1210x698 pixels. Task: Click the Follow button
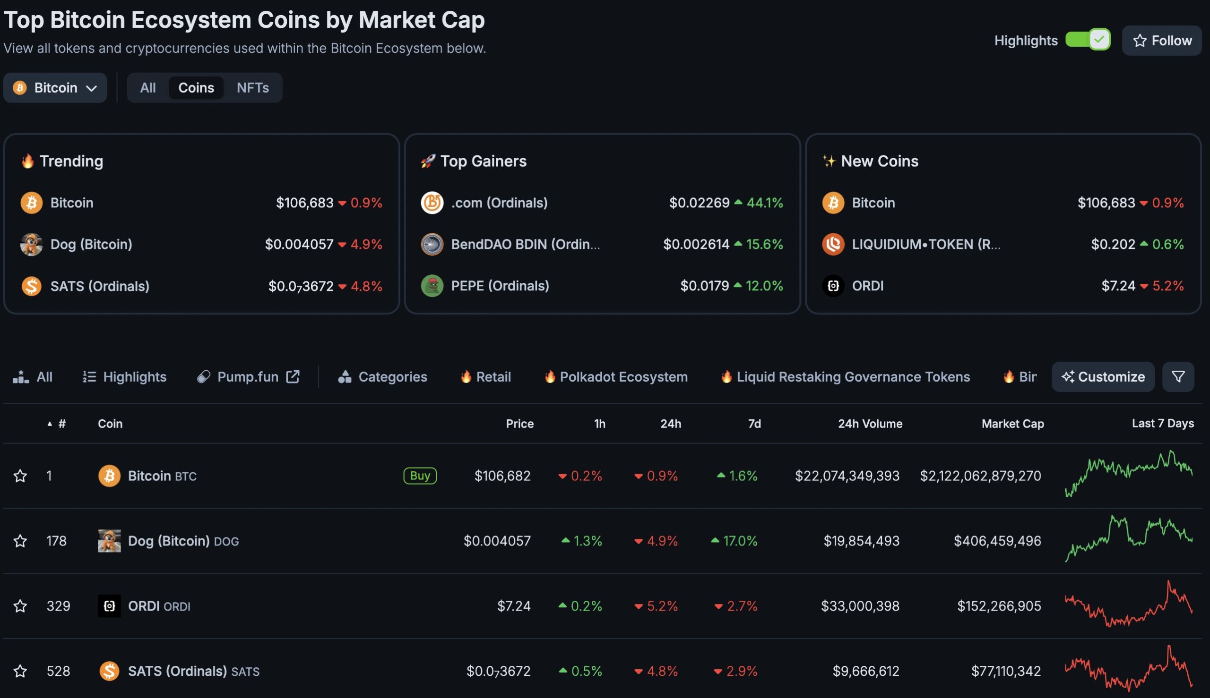[x=1161, y=41]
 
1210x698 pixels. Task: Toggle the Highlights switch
[x=1087, y=39]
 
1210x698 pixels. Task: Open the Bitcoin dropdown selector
[x=55, y=88]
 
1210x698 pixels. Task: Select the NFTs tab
[x=252, y=88]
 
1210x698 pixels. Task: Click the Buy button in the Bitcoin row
[x=420, y=476]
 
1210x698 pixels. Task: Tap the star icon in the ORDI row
[x=20, y=606]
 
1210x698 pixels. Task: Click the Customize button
[x=1103, y=377]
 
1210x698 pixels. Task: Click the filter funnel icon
[x=1178, y=377]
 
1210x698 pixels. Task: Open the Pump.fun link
[x=248, y=377]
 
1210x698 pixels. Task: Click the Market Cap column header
[x=1012, y=424]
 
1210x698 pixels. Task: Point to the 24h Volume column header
[x=870, y=424]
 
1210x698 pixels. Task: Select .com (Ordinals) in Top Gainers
[x=499, y=203]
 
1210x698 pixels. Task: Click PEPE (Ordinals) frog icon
[x=432, y=286]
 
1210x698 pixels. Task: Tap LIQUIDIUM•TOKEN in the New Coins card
[x=925, y=245]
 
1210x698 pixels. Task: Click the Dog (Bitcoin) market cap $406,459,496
[x=997, y=541]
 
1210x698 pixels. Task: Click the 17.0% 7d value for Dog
[x=739, y=541]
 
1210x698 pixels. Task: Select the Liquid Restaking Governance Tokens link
[x=853, y=377]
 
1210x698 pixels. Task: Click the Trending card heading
[x=71, y=161]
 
